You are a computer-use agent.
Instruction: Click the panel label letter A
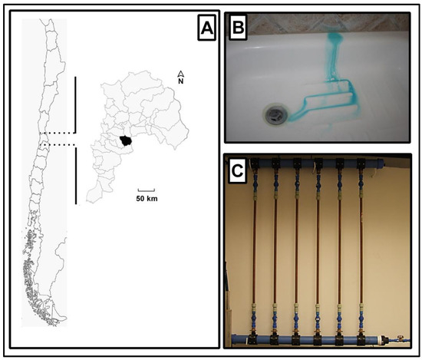(206, 28)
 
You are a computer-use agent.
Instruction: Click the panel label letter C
(237, 170)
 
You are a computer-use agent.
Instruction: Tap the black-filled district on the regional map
(125, 140)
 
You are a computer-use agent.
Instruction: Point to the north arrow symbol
(180, 74)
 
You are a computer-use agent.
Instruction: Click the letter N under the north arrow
(180, 81)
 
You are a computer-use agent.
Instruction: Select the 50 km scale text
(147, 199)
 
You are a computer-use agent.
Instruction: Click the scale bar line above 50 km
(146, 190)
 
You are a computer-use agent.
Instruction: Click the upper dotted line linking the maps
(57, 133)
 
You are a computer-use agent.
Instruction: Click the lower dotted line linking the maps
(57, 145)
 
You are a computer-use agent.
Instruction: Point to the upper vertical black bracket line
(76, 105)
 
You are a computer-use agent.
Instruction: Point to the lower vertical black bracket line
(76, 176)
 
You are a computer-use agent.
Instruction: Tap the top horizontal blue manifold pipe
(317, 163)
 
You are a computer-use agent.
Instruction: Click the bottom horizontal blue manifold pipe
(309, 339)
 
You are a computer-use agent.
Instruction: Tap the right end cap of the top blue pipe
(380, 163)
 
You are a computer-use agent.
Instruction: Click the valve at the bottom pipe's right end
(400, 339)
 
